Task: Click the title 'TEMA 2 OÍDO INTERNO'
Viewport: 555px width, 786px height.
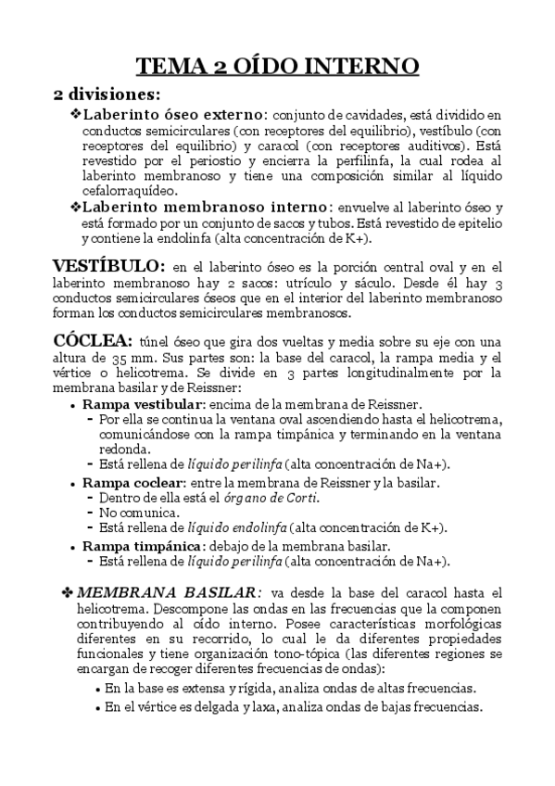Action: (x=278, y=67)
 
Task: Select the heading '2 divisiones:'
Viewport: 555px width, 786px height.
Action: (x=106, y=95)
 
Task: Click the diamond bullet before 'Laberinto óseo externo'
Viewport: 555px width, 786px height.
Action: (x=75, y=115)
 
